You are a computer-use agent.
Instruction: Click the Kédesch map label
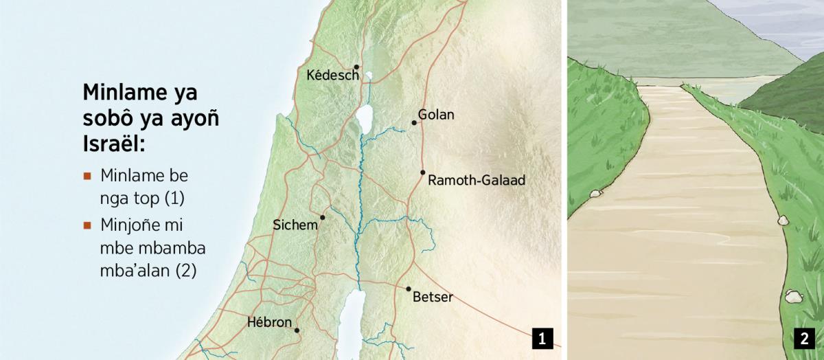[333, 75]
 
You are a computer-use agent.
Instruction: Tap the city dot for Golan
[414, 123]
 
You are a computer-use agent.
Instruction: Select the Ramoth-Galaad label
[476, 181]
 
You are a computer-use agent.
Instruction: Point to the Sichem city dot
[322, 217]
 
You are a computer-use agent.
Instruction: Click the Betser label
[433, 297]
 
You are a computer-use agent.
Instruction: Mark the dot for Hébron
[297, 330]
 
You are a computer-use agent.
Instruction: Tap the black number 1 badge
[542, 338]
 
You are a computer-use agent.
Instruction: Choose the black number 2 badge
[803, 338]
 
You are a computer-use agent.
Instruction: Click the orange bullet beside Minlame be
[87, 176]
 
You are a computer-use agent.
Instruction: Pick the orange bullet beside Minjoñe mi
[87, 225]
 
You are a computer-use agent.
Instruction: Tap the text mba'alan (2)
[148, 271]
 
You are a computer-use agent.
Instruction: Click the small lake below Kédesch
[369, 77]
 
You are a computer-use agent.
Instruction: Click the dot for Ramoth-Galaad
[422, 172]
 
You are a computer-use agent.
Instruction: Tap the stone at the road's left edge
[595, 194]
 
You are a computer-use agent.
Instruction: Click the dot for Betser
[409, 289]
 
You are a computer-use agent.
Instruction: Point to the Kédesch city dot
[357, 67]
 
